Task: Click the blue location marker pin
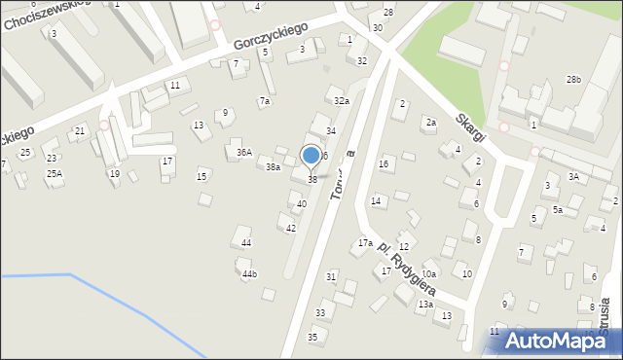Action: [311, 156]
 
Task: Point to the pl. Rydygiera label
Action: [408, 269]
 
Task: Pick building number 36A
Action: [243, 152]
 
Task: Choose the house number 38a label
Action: [274, 167]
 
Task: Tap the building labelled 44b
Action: [250, 274]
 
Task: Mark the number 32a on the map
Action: [341, 101]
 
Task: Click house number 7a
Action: [264, 101]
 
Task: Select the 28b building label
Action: [573, 79]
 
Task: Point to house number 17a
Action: [365, 242]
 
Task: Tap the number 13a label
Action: [425, 305]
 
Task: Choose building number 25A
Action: [54, 173]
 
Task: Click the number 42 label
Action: [290, 228]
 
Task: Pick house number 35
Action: [312, 337]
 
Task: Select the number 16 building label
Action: [384, 163]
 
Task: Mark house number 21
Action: [80, 130]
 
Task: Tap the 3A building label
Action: [573, 176]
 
